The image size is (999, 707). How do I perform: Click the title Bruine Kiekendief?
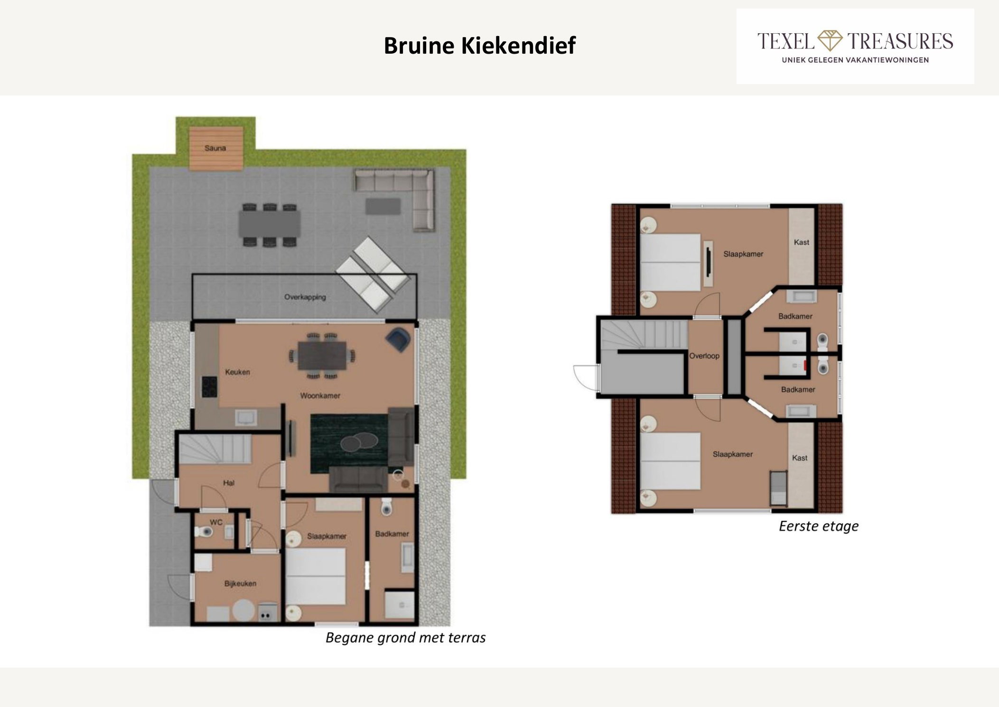[479, 46]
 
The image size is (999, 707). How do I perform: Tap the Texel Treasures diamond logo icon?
[830, 40]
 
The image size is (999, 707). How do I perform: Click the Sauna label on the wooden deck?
[215, 148]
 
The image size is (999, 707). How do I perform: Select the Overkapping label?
[305, 297]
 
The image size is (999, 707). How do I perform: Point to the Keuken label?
[237, 372]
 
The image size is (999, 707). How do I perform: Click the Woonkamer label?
[320, 396]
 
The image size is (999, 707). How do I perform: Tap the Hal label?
[229, 483]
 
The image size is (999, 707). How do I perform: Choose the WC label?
[216, 522]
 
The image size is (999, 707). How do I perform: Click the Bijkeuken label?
[240, 584]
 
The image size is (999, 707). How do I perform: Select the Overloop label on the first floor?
[704, 356]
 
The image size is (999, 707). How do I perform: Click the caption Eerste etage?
[819, 526]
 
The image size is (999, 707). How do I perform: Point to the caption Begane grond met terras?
[405, 638]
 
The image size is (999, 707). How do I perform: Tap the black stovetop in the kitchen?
[209, 386]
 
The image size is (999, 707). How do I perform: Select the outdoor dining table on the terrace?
[270, 224]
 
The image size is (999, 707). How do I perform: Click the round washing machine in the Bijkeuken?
[243, 611]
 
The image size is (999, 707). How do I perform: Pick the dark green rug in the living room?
[350, 443]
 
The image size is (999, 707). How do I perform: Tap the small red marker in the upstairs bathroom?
[806, 365]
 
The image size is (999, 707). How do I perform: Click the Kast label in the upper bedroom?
[802, 242]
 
